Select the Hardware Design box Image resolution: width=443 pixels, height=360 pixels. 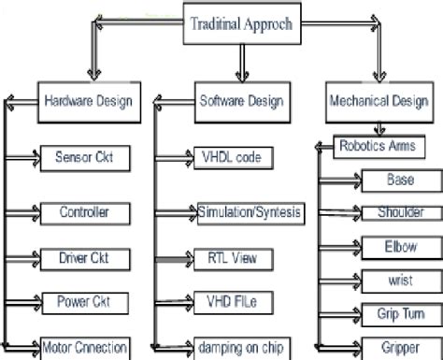(89, 100)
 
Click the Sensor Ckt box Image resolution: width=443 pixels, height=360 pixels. (79, 156)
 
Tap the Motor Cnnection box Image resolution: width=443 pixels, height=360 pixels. (84, 347)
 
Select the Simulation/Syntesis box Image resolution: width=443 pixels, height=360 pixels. (250, 212)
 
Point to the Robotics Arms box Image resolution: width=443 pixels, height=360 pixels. (378, 145)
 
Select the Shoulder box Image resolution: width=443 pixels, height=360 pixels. (399, 212)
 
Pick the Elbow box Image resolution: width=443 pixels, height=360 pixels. (399, 246)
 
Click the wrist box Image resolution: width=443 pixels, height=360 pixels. (399, 280)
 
